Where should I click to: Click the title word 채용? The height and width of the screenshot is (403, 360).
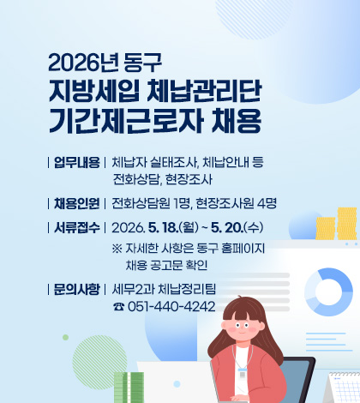point(234,117)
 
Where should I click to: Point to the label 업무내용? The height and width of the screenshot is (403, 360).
point(76,161)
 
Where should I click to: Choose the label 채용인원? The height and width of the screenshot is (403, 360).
point(76,203)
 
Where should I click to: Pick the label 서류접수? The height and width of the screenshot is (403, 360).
point(76,227)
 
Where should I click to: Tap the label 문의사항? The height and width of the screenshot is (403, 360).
point(76,287)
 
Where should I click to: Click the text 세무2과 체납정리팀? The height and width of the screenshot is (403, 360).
point(164,287)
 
